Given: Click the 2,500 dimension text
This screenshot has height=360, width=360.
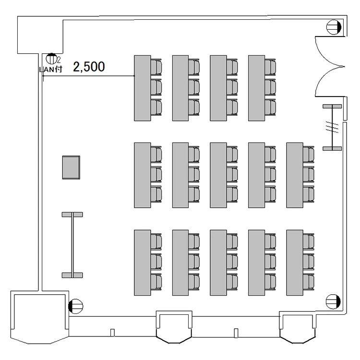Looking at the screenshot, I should (89, 67).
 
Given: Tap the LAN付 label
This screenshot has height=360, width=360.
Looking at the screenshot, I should (50, 69).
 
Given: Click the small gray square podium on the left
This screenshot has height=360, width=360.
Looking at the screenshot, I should (72, 167).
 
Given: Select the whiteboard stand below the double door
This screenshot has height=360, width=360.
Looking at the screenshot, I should (332, 127).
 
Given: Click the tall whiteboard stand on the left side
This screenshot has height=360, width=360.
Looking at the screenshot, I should (72, 244).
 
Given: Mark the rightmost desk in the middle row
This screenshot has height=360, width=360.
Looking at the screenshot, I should (294, 175).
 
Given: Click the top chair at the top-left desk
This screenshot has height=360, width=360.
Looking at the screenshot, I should (156, 66).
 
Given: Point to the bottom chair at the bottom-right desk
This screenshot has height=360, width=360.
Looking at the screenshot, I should (309, 281).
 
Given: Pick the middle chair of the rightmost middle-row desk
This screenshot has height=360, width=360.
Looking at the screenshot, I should (309, 174).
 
